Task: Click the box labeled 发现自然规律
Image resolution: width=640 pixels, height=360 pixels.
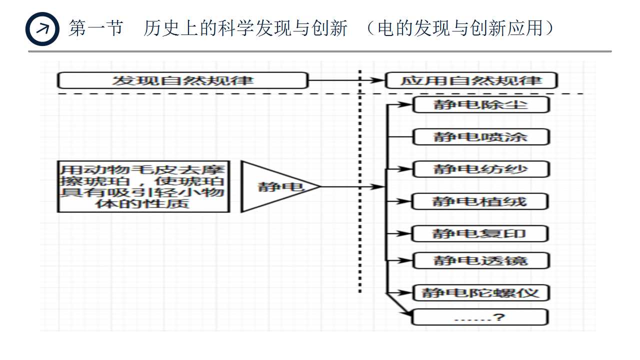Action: click(182, 80)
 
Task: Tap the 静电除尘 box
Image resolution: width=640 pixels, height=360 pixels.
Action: click(480, 105)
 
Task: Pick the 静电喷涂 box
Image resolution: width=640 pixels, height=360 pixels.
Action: click(480, 137)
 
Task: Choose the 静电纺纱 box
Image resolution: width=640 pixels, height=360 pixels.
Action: click(480, 169)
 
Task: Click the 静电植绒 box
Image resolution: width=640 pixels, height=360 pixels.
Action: click(480, 201)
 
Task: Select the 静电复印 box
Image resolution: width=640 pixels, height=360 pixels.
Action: click(480, 233)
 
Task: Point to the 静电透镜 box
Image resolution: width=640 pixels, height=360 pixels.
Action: click(480, 260)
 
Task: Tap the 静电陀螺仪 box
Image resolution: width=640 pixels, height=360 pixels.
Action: click(480, 292)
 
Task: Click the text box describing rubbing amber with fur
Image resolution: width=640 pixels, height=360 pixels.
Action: click(143, 186)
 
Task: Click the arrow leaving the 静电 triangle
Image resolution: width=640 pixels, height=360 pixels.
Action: click(350, 187)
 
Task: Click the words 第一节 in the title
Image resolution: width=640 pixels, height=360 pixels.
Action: click(95, 28)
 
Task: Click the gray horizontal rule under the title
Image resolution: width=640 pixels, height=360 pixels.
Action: click(320, 51)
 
